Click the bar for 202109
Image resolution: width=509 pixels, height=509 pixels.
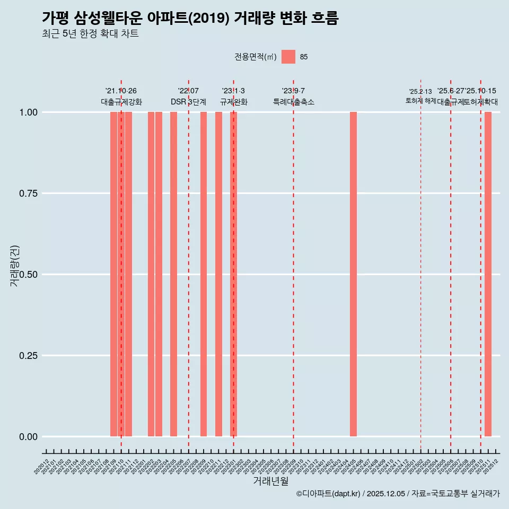coord(113,274)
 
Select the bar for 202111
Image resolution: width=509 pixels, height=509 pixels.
coord(128,274)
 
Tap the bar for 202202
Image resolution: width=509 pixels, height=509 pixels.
coord(151,274)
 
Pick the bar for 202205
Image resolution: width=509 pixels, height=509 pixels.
coord(173,274)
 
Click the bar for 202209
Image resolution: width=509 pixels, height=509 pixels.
coord(204,274)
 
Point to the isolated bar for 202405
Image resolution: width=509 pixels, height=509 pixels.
coord(353,274)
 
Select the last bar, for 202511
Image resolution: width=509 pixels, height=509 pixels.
coord(488,274)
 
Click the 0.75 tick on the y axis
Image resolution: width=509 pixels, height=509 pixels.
coord(29,194)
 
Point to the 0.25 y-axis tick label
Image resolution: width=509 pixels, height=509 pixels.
coord(29,356)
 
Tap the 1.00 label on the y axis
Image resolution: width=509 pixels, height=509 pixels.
coord(29,112)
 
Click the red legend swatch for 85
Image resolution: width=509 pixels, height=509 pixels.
coord(288,57)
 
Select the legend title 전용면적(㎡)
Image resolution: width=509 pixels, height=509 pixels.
coord(256,57)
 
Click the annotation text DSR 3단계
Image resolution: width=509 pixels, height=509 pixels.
coord(188,102)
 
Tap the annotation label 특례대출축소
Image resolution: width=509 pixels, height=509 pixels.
coord(294,102)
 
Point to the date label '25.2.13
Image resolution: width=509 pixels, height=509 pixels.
coord(420,91)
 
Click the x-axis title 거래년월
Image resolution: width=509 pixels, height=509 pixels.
coord(271,481)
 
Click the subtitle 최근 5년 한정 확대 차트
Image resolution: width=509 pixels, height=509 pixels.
coord(90,34)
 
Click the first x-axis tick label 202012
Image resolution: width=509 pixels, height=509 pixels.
coord(42,467)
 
